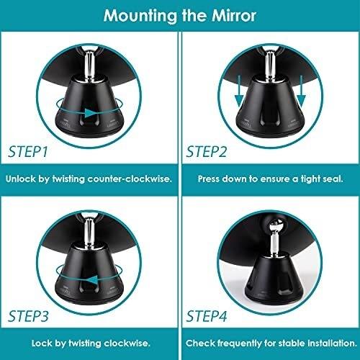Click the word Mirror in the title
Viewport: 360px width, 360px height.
click(234, 16)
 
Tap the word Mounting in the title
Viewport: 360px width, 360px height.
click(140, 17)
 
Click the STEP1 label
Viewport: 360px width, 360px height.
click(28, 152)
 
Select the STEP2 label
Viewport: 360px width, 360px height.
click(207, 152)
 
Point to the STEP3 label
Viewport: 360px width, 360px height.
click(28, 316)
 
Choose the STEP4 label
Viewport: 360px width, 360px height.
click(207, 316)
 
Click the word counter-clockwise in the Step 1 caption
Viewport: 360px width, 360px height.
click(129, 179)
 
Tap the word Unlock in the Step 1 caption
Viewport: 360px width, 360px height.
click(20, 179)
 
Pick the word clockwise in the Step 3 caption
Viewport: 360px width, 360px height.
click(127, 343)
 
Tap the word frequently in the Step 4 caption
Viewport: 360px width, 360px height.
click(239, 343)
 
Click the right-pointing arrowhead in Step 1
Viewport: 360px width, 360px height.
click(91, 113)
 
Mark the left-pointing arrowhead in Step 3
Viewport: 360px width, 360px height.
click(92, 280)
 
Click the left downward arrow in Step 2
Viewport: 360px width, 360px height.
click(239, 91)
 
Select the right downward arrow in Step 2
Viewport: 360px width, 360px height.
click(302, 91)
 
